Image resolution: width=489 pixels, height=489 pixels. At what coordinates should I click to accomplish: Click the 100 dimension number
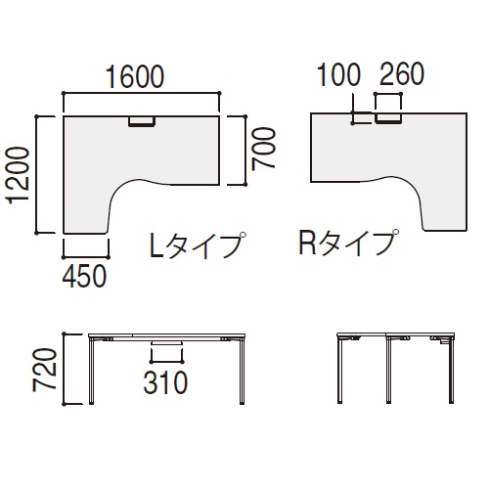click(340, 75)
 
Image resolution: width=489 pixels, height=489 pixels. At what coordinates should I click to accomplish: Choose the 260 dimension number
click(399, 75)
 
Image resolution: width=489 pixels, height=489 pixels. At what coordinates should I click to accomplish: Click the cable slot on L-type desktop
click(143, 122)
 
